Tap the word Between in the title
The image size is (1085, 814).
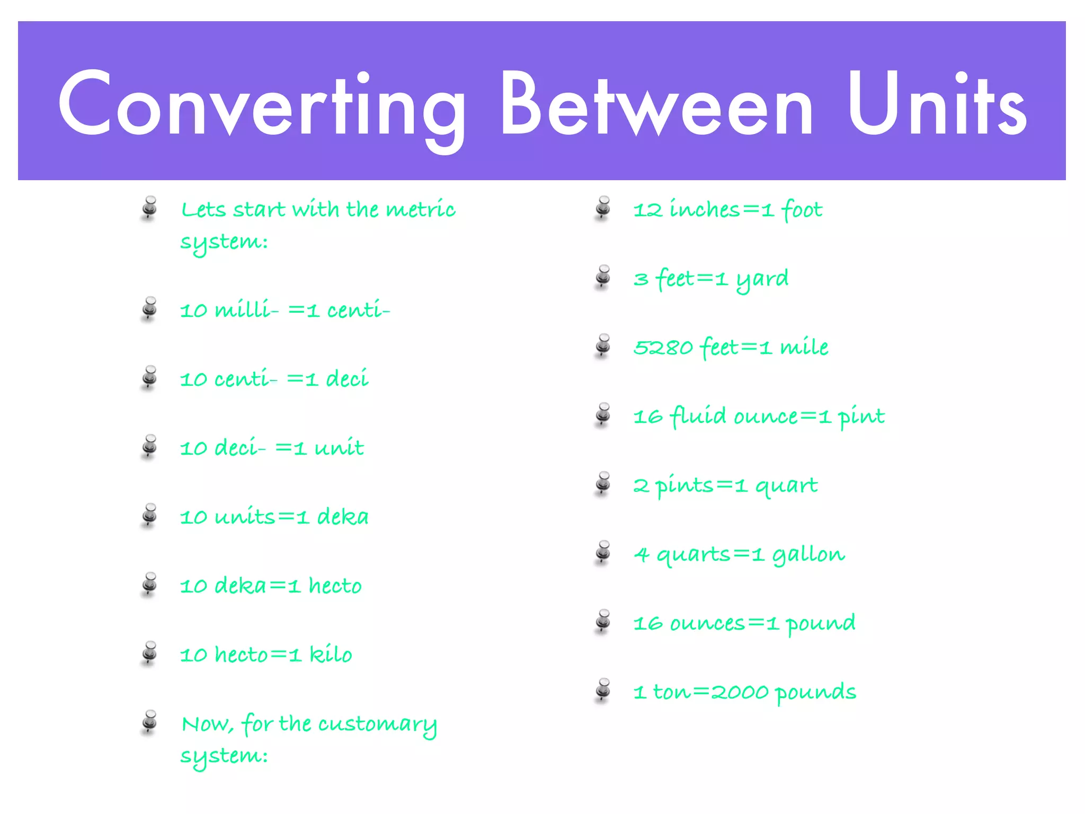657,103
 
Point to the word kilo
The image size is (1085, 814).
331,654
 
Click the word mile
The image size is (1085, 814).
804,347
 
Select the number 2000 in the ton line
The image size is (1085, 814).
740,692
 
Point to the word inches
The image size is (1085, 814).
705,209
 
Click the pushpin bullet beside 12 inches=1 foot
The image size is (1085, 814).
603,207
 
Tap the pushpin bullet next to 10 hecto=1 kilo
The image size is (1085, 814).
150,653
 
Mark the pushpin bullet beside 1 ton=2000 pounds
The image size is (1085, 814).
603,689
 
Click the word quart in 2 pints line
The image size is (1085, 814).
786,485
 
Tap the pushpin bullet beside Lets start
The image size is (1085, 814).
150,207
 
